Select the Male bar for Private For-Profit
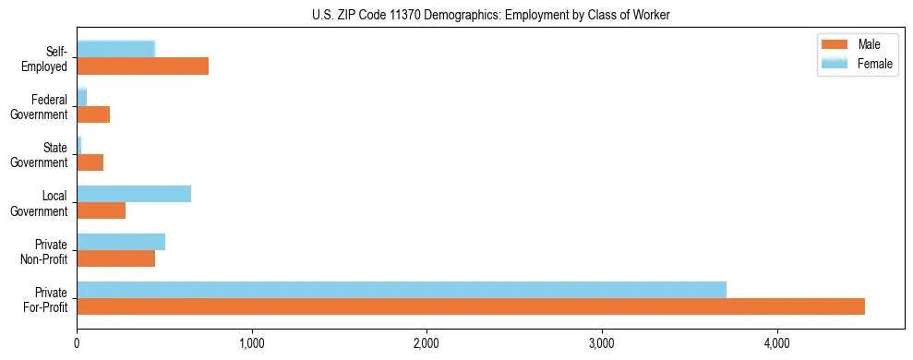(471, 306)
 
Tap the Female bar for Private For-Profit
(402, 289)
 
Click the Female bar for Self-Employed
(115, 49)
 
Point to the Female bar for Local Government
(134, 193)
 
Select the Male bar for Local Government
(101, 210)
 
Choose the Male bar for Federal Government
(93, 114)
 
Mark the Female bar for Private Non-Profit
(121, 241)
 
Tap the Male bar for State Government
(90, 162)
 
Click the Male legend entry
(859, 45)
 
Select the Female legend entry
(859, 63)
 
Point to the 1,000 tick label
(251, 344)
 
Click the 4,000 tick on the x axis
(776, 344)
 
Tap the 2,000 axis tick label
(426, 344)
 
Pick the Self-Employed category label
(46, 58)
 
